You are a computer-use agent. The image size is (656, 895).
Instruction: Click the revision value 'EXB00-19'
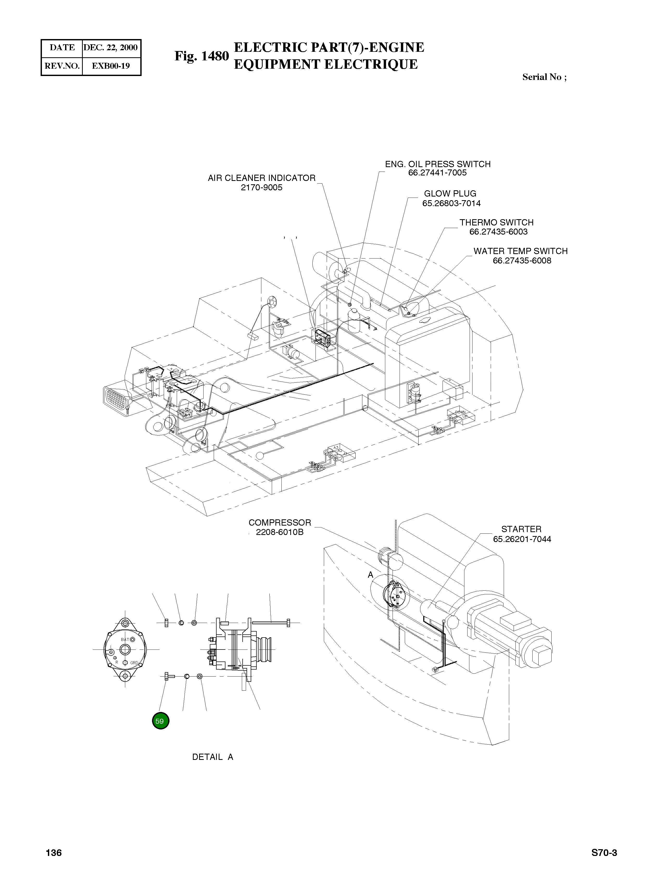[111, 66]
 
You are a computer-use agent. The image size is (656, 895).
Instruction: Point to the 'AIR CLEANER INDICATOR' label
[261, 178]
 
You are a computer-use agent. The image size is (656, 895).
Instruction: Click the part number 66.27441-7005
[437, 173]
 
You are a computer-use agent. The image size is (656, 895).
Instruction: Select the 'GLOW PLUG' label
[450, 194]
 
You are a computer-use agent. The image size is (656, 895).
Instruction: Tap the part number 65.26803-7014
[451, 203]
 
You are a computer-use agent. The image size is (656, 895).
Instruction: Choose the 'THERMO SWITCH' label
[496, 222]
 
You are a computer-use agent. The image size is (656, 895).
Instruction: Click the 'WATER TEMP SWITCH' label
[520, 251]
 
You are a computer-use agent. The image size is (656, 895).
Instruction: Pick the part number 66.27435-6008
[522, 261]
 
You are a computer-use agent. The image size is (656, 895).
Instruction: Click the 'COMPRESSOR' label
[280, 522]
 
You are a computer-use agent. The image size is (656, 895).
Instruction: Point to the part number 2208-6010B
[280, 532]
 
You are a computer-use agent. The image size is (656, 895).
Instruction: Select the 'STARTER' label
[521, 529]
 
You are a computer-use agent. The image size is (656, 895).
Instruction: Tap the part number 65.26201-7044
[522, 539]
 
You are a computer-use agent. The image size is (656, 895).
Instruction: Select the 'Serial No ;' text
[544, 77]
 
